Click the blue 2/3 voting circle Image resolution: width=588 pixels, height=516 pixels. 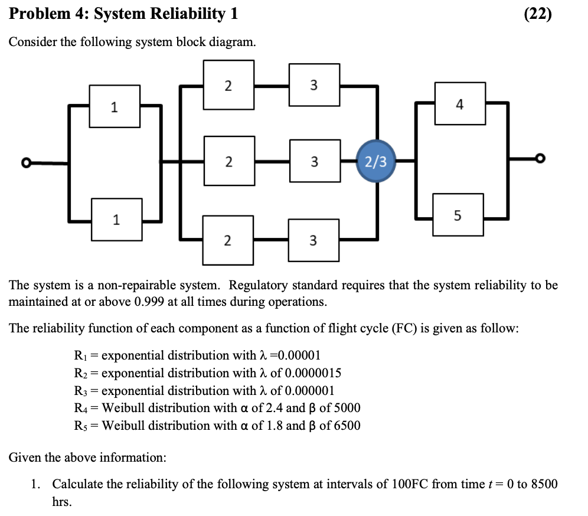[375, 161]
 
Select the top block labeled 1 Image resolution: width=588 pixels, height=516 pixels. [115, 106]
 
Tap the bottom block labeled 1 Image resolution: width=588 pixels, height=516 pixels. [116, 220]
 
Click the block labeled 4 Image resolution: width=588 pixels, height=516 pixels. [460, 103]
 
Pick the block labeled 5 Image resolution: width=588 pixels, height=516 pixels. [458, 215]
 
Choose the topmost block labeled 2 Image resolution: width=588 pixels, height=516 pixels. [229, 85]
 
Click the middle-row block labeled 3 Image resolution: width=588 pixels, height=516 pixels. [314, 161]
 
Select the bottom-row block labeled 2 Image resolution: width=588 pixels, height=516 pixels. [228, 240]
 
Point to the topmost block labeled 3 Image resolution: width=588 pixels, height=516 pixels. [314, 85]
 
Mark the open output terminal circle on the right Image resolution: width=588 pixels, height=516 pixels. [539, 158]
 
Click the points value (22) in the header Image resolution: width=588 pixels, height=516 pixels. [538, 14]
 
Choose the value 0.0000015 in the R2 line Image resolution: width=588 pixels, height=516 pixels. [313, 373]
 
